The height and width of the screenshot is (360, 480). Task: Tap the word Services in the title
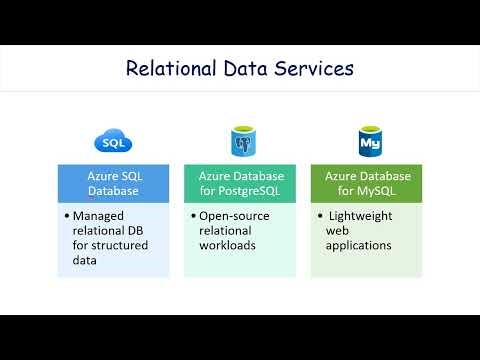(314, 69)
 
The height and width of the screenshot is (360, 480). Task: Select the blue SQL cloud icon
(112, 140)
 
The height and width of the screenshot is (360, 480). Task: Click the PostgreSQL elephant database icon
(240, 140)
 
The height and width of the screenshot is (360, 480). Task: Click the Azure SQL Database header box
(113, 184)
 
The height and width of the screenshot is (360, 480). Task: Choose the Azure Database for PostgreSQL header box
(240, 184)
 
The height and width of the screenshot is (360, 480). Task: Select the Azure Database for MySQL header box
(367, 184)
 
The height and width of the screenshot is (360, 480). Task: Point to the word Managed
(104, 216)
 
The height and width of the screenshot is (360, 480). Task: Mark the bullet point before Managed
(66, 216)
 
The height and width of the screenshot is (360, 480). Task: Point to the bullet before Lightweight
(322, 216)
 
